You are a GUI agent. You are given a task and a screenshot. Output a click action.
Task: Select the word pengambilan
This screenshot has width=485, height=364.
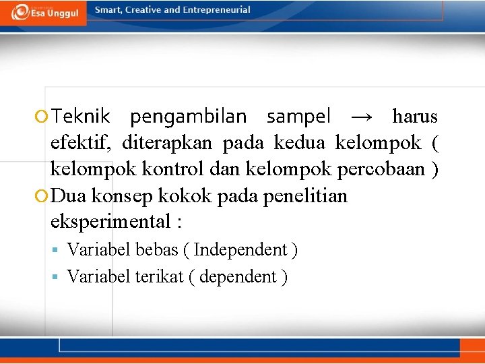pyautogui.click(x=189, y=117)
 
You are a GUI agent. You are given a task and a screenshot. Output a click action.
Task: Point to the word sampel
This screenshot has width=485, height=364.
pyautogui.click(x=298, y=117)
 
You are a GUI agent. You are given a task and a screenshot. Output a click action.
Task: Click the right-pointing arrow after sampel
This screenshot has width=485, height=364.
pyautogui.click(x=361, y=117)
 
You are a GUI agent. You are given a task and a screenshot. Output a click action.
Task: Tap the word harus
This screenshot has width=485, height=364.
pyautogui.click(x=415, y=117)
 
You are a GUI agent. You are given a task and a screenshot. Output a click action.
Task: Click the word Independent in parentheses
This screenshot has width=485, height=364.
pyautogui.click(x=240, y=250)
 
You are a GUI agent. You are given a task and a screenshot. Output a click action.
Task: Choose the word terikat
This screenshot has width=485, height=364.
pyautogui.click(x=158, y=276)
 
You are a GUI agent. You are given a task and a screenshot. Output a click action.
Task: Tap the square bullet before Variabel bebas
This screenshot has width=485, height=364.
pyautogui.click(x=59, y=251)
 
